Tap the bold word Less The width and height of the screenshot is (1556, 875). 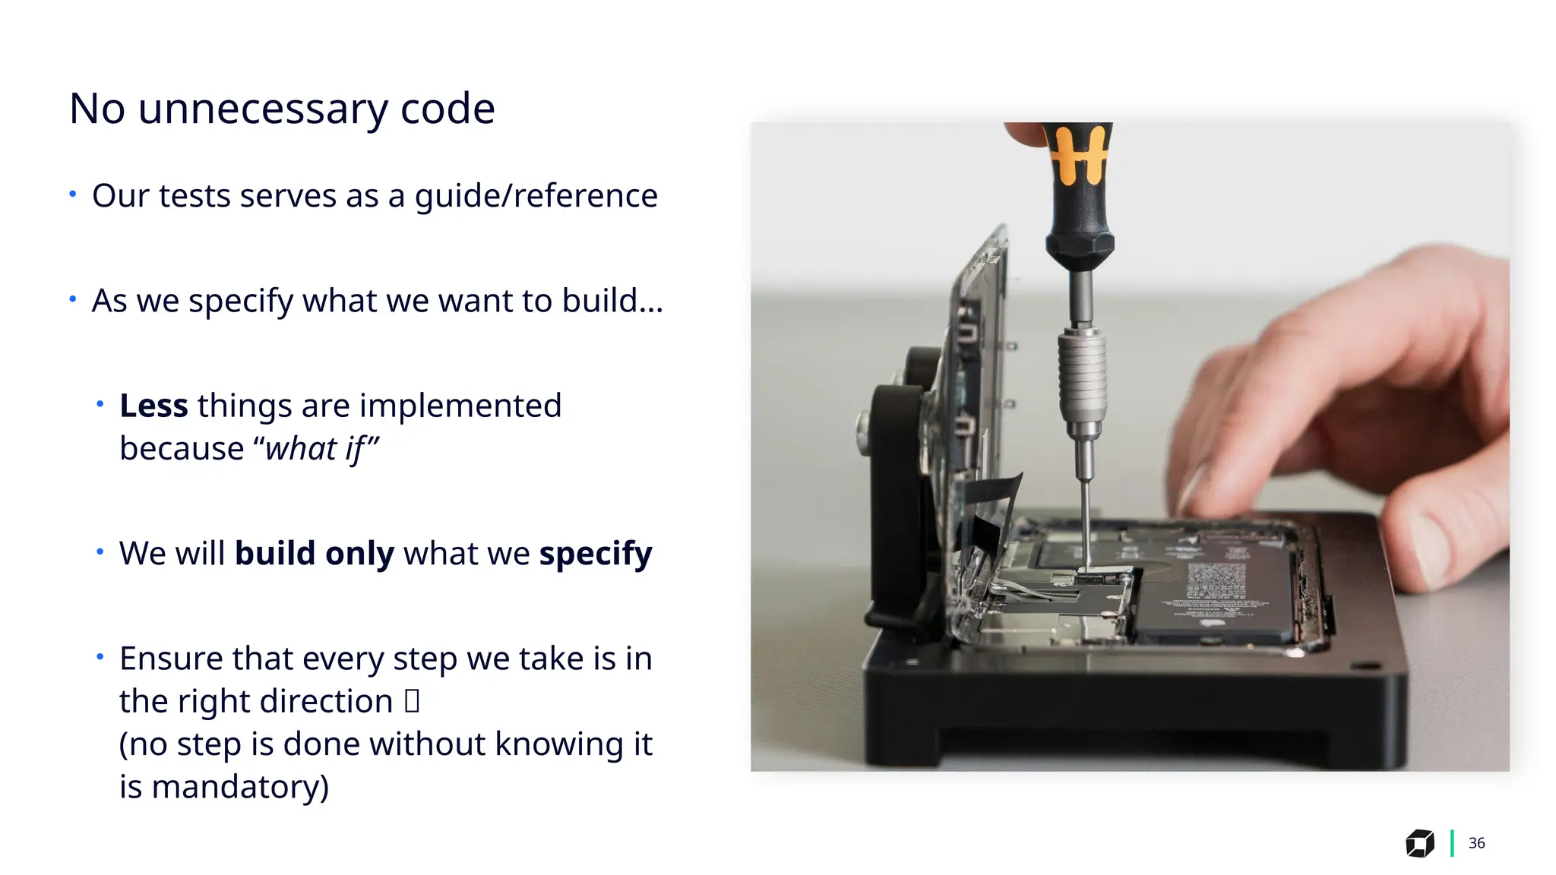pos(153,406)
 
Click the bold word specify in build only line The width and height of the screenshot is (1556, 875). pos(596,554)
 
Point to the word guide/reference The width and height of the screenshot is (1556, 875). pos(536,196)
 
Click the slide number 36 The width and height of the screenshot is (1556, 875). pos(1476,843)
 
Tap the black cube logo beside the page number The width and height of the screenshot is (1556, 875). pos(1419,843)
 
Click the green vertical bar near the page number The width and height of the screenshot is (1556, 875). pos(1452,843)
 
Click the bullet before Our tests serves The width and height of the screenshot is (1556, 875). pos(73,194)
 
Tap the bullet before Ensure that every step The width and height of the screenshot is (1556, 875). pos(100,656)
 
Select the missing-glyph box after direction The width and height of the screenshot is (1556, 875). pos(412,701)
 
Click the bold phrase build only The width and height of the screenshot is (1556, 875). pos(314,554)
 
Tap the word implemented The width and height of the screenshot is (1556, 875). pos(460,406)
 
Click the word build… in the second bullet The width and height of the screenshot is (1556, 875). pos(612,301)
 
